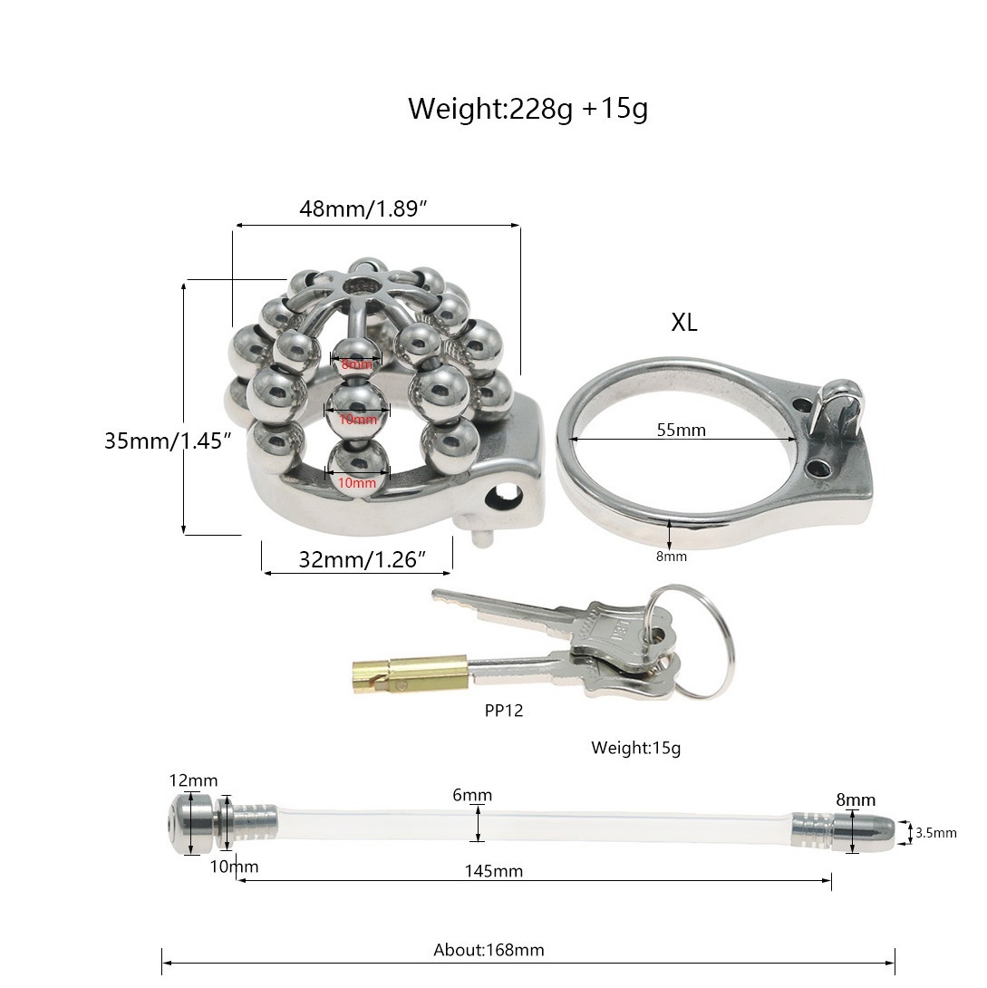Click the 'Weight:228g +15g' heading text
(x=527, y=109)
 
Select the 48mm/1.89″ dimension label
(x=363, y=208)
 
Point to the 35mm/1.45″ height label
(x=169, y=441)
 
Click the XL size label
(x=684, y=323)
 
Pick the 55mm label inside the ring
(x=681, y=430)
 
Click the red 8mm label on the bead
(x=357, y=364)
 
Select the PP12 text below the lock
(x=503, y=711)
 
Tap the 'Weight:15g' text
(x=635, y=748)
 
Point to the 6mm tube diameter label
(x=473, y=796)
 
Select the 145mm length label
(x=493, y=871)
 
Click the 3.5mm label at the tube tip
(x=935, y=833)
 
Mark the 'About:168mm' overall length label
(x=489, y=950)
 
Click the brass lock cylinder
(x=410, y=673)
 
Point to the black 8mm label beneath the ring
(x=672, y=557)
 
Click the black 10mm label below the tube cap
(x=234, y=867)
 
